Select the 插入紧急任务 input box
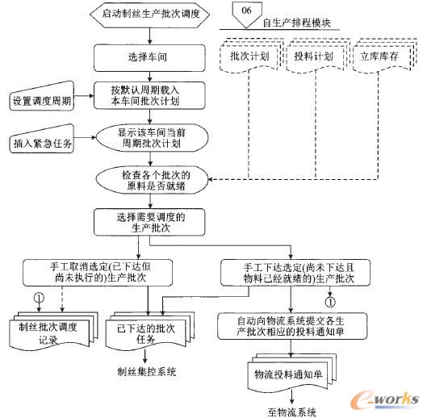coord(44,144)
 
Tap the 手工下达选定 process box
coord(295,274)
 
